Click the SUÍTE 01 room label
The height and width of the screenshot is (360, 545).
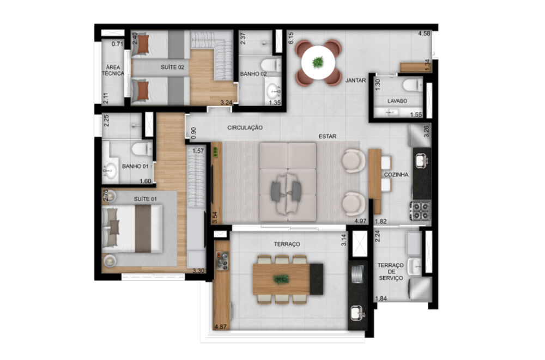click(146, 199)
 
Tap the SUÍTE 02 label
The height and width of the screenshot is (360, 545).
click(173, 67)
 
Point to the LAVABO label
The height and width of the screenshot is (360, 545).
click(397, 101)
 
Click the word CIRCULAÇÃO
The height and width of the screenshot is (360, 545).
click(245, 127)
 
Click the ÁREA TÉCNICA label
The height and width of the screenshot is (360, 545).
click(115, 70)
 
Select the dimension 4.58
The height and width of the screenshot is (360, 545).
click(425, 34)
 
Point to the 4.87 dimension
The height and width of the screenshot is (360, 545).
click(221, 327)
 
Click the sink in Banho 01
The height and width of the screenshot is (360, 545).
click(111, 170)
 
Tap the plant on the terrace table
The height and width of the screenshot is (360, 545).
click(281, 279)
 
